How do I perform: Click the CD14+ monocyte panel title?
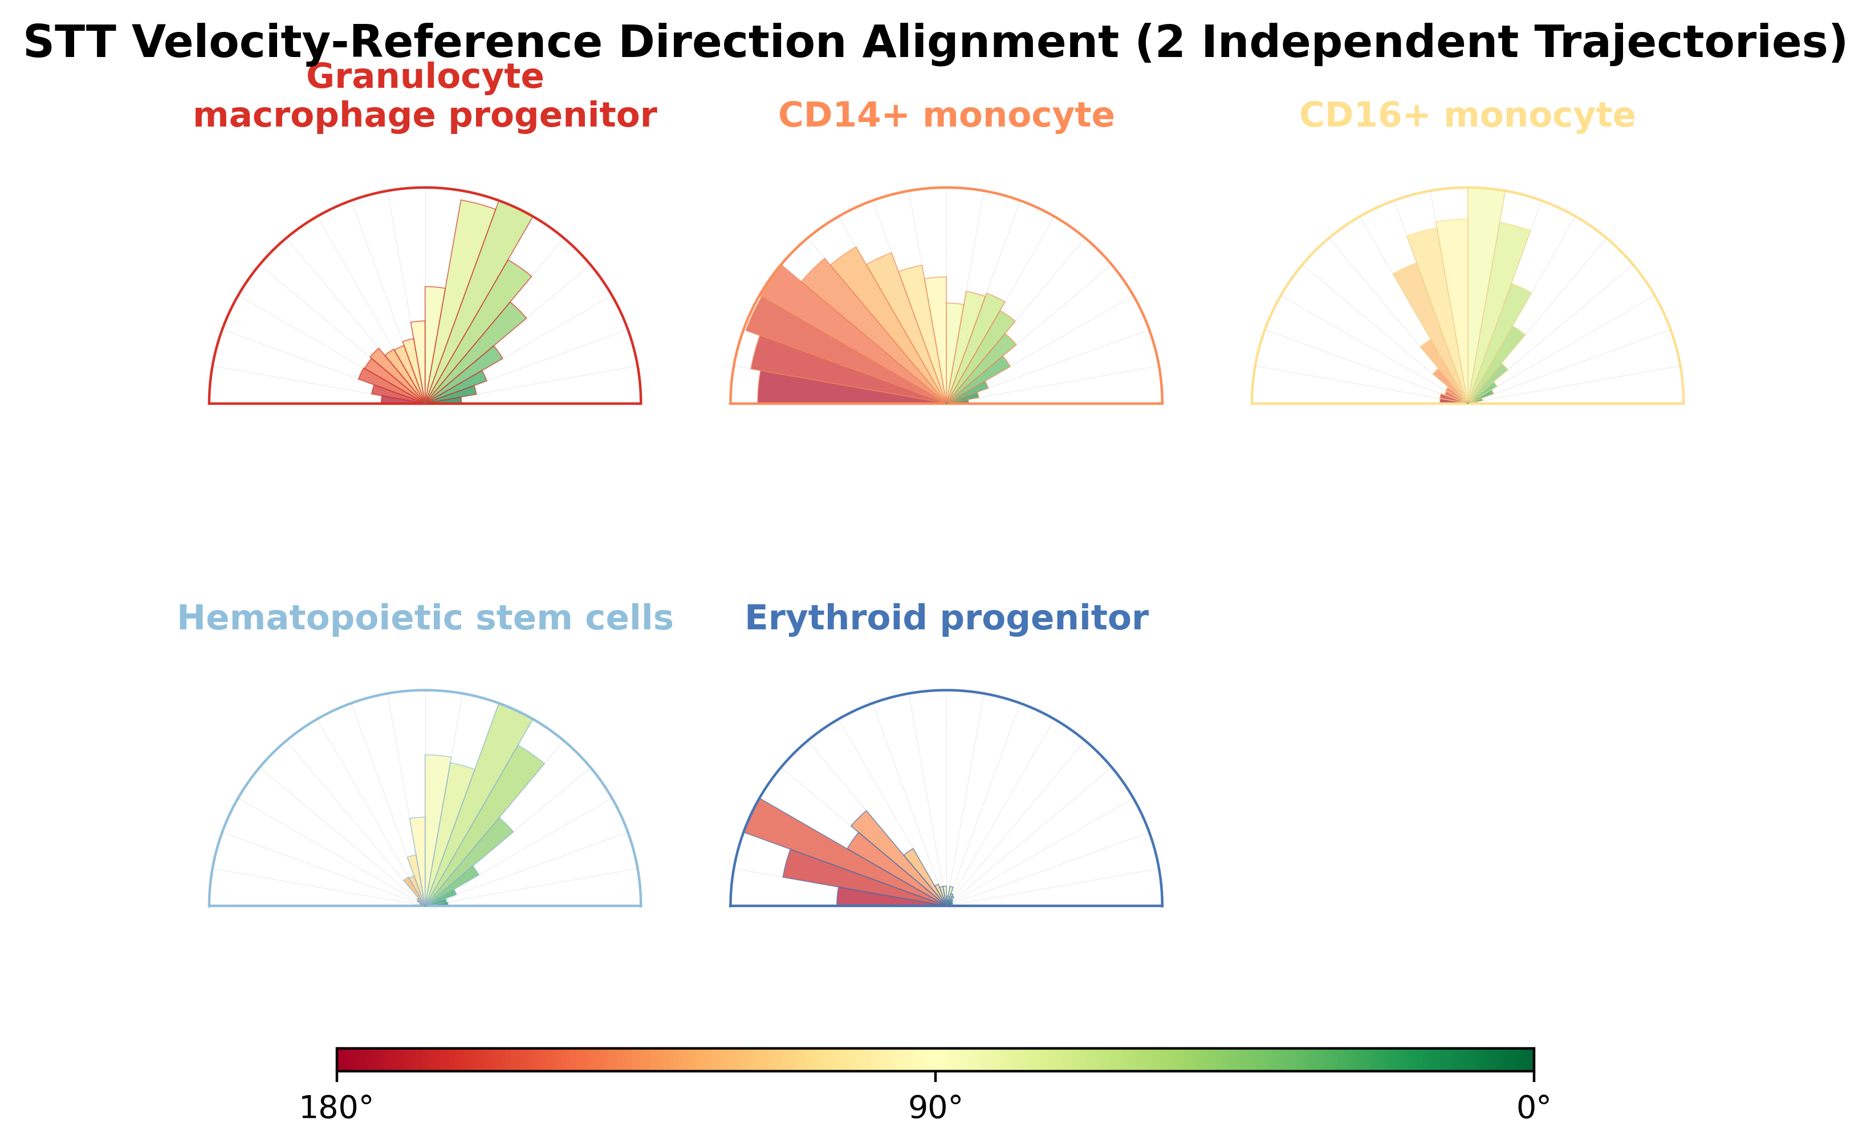946,115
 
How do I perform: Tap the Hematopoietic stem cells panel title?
425,618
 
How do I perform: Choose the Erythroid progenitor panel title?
947,618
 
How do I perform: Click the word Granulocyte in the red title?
425,76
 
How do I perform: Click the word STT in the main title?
73,43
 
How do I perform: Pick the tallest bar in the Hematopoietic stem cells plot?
478,804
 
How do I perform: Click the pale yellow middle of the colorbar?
935,1060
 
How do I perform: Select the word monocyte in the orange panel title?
1019,115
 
